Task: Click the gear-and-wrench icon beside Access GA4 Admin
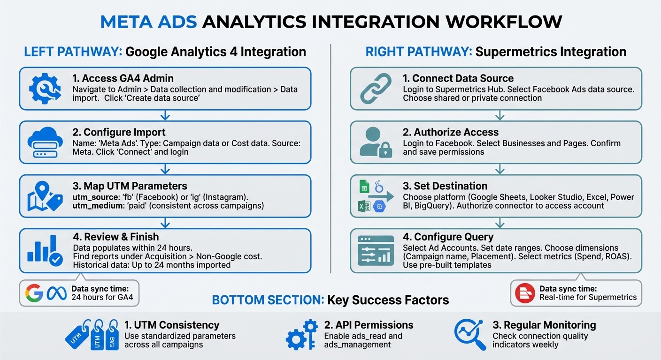coord(45,88)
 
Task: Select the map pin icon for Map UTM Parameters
coord(45,196)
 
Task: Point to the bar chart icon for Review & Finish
coord(45,250)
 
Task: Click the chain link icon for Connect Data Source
coord(375,88)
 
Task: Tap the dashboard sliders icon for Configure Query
coord(375,250)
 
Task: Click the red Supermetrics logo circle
coord(524,293)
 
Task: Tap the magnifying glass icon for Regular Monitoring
coord(469,334)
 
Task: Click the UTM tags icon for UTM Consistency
coord(92,334)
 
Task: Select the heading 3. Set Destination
coord(445,186)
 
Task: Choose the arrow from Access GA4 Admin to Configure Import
coord(165,115)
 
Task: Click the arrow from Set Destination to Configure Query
coord(500,223)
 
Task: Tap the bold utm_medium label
coord(95,205)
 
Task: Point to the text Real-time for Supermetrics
coord(588,297)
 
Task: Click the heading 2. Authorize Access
coord(450,132)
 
